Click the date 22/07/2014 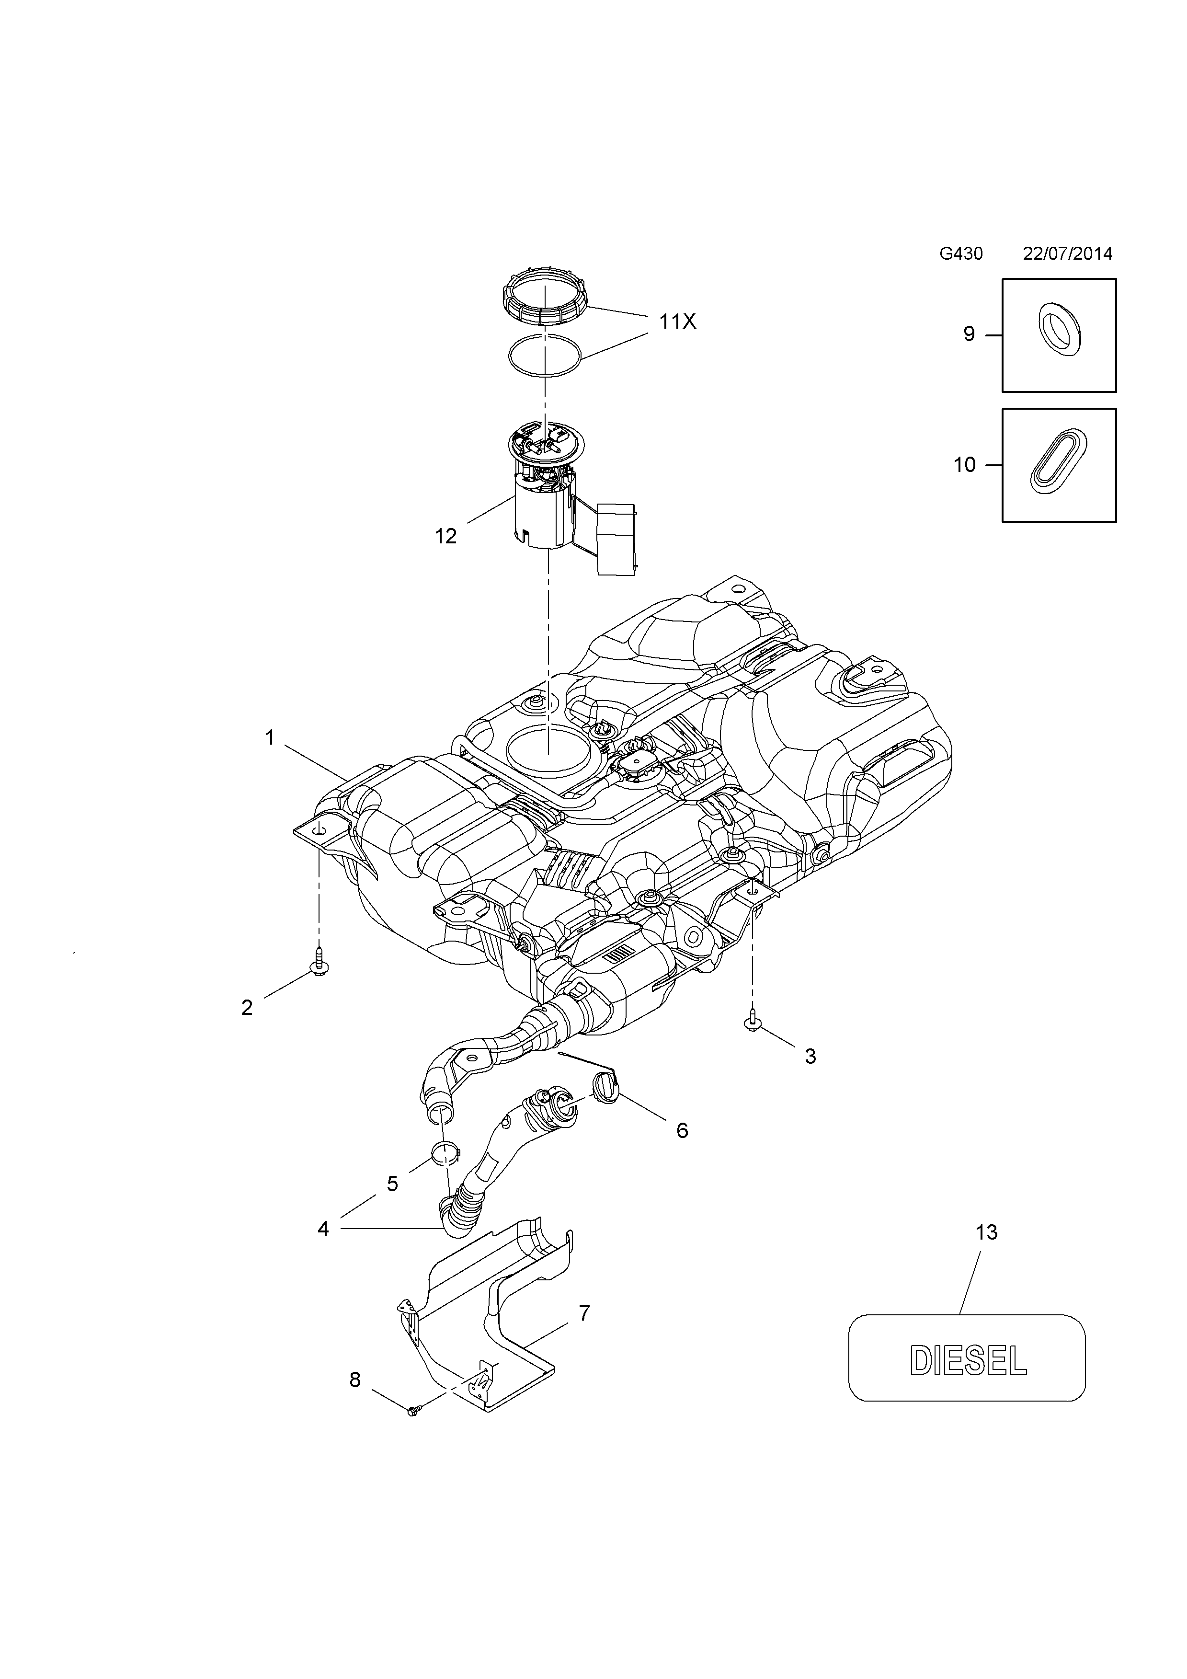click(x=1067, y=254)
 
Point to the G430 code click(x=960, y=254)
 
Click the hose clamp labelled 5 click(x=444, y=1155)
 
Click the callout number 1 click(x=270, y=738)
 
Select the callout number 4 click(x=323, y=1229)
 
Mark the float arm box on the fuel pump click(x=616, y=539)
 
